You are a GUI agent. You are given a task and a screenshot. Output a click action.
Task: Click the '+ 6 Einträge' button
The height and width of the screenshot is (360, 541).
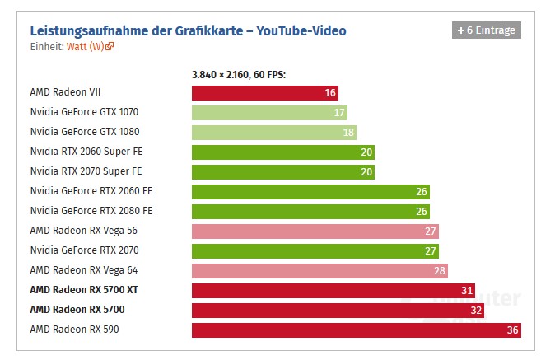click(486, 30)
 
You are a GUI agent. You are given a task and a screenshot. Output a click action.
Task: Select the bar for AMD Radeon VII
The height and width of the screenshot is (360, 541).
click(264, 93)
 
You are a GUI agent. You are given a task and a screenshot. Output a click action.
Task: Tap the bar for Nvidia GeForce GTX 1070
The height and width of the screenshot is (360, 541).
click(269, 113)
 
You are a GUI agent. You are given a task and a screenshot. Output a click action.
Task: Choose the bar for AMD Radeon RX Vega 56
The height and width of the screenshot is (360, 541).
click(315, 231)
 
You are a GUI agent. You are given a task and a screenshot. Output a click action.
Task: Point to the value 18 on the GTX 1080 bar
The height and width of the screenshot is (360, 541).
click(348, 133)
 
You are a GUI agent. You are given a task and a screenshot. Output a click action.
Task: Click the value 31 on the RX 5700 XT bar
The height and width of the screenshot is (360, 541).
click(466, 291)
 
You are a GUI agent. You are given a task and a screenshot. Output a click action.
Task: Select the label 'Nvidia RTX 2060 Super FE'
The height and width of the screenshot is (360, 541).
click(86, 152)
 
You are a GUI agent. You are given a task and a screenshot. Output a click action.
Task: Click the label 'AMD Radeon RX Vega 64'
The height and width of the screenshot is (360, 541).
click(84, 270)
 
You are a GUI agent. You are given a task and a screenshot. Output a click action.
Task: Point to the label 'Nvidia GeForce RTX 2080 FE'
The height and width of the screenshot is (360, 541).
click(91, 211)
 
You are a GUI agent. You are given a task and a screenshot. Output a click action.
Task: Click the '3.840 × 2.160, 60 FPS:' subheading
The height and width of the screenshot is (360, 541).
click(239, 74)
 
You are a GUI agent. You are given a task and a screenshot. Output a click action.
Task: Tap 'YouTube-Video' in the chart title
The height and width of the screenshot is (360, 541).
click(301, 31)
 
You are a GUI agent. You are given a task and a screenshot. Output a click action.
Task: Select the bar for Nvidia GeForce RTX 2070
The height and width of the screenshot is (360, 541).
click(315, 251)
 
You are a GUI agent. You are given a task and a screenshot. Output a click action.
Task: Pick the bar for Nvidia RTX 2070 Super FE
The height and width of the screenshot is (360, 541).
click(282, 172)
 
